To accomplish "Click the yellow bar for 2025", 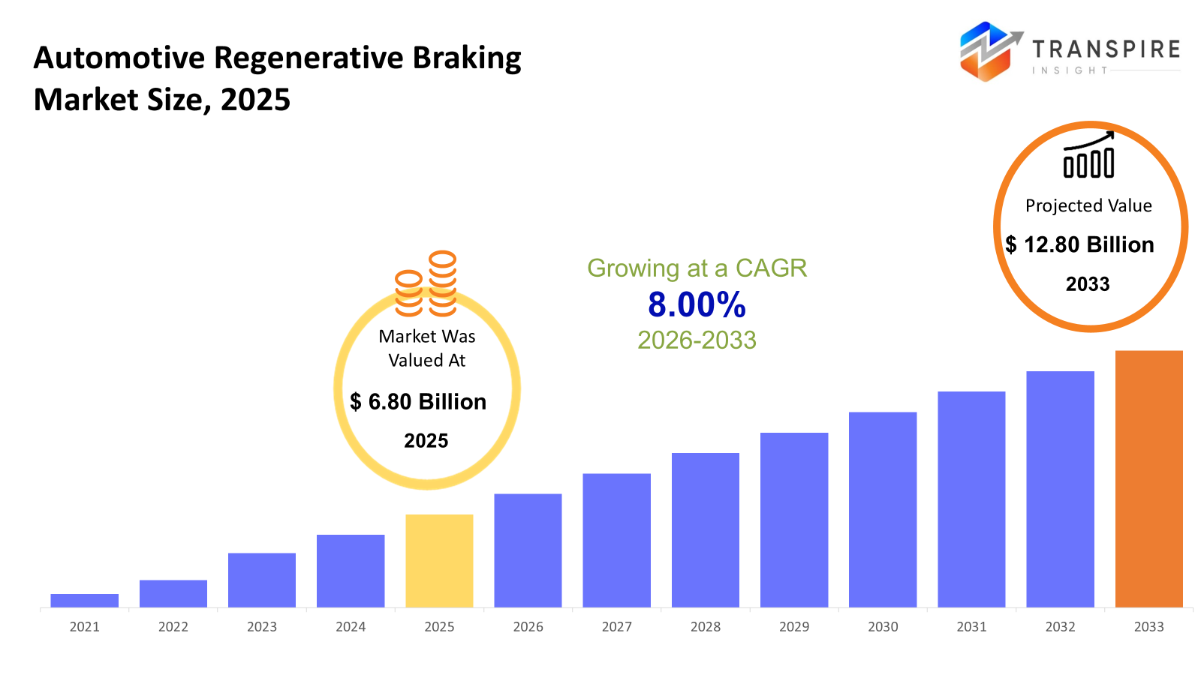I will (439, 560).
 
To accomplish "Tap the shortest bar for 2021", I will (84, 600).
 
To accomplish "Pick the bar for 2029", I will (793, 520).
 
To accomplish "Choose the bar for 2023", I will (261, 580).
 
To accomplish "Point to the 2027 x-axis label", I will (616, 627).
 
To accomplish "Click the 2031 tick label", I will (971, 627).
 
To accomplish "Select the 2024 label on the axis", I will (351, 627).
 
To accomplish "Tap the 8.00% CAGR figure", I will (697, 305).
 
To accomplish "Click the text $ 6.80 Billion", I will (418, 402).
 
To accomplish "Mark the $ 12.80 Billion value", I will (1079, 244).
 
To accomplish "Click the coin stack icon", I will (426, 284).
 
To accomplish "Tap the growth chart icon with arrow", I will (1088, 155).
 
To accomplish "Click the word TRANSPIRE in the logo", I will (1106, 49).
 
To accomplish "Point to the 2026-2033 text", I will (697, 340).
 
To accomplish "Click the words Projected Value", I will (1088, 205).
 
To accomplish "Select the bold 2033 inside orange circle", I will (1088, 284).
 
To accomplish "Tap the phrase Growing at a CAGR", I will (697, 268).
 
